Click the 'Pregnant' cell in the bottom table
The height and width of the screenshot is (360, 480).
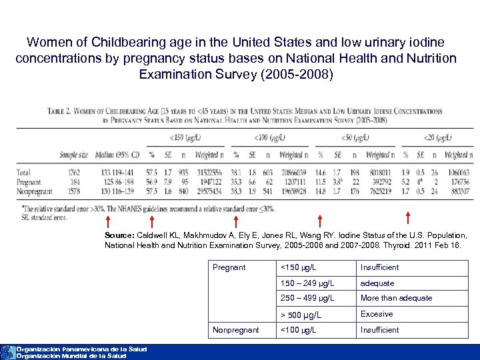[229, 267]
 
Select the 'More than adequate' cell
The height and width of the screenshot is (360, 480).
[396, 298]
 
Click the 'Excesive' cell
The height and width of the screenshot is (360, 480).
[377, 314]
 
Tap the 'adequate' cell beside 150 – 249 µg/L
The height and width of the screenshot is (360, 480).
[377, 283]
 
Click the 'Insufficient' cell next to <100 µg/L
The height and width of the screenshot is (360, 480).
[379, 330]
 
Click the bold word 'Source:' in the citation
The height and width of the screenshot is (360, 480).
[119, 236]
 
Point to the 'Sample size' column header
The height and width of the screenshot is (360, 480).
[73, 155]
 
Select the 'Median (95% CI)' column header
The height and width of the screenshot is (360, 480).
[117, 155]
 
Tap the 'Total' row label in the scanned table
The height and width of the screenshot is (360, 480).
[23, 172]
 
